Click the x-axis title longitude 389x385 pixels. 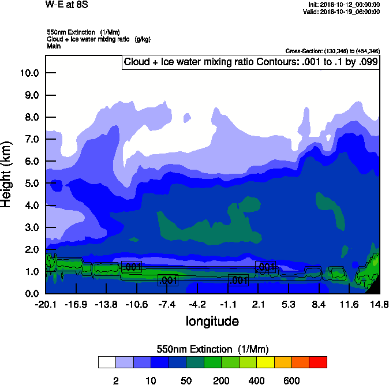pyautogui.click(x=212, y=321)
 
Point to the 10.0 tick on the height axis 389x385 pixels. pyautogui.click(x=29, y=73)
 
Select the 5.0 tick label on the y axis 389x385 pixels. pyautogui.click(x=31, y=184)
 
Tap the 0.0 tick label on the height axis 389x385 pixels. pyautogui.click(x=31, y=294)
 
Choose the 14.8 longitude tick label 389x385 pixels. pyautogui.click(x=379, y=304)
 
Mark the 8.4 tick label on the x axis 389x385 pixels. pyautogui.click(x=319, y=304)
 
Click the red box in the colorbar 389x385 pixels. pyautogui.click(x=318, y=362)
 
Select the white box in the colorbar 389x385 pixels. pyautogui.click(x=107, y=362)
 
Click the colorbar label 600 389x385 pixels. pyautogui.click(x=291, y=380)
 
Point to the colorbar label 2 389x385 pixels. pyautogui.click(x=115, y=380)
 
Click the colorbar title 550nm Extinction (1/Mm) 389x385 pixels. pyautogui.click(x=212, y=349)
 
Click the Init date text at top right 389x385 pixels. pyautogui.click(x=344, y=5)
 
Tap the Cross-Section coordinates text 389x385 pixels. pyautogui.click(x=332, y=51)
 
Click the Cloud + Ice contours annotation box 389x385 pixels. pyautogui.click(x=250, y=62)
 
